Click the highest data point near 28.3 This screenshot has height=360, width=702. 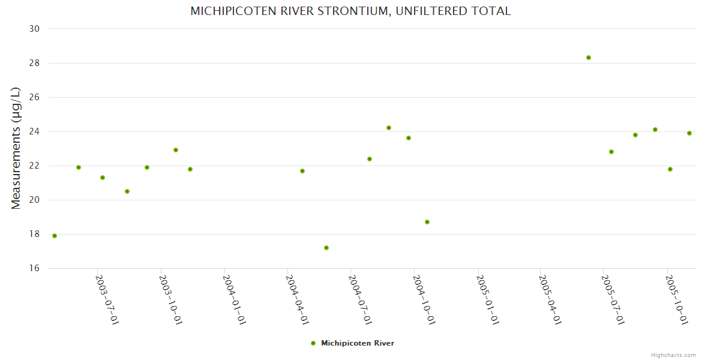pos(589,58)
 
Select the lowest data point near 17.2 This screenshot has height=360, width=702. pos(326,248)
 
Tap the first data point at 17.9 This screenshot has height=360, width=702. pos(55,236)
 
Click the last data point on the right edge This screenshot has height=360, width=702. pos(689,133)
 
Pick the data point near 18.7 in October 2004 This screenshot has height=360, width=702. pos(427,222)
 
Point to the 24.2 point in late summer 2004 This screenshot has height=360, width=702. pos(389,128)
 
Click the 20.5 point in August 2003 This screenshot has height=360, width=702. pos(127,191)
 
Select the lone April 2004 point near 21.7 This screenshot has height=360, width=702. pos(302,171)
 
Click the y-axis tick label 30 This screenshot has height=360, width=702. pos(34,29)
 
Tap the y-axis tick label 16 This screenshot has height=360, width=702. pos(34,268)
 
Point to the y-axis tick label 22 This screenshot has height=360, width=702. pos(34,166)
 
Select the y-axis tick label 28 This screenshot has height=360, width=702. pos(34,63)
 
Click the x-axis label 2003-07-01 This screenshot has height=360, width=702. pos(107,299)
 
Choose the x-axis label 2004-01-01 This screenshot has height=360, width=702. pos(234,299)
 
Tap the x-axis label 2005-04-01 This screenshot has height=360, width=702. pos(551,299)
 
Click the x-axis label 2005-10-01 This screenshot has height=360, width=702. pos(677,299)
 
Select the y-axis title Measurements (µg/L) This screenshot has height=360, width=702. pos(16,148)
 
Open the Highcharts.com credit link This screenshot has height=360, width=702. pos(673,355)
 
